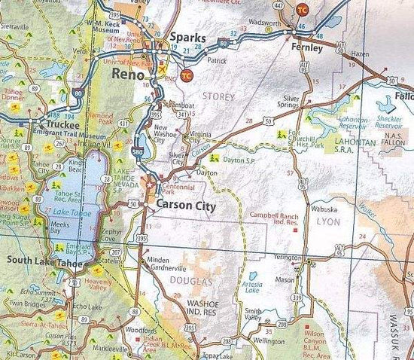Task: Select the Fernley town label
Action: [307, 47]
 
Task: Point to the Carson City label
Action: [186, 206]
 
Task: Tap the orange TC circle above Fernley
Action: [303, 10]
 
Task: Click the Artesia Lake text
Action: [252, 287]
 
